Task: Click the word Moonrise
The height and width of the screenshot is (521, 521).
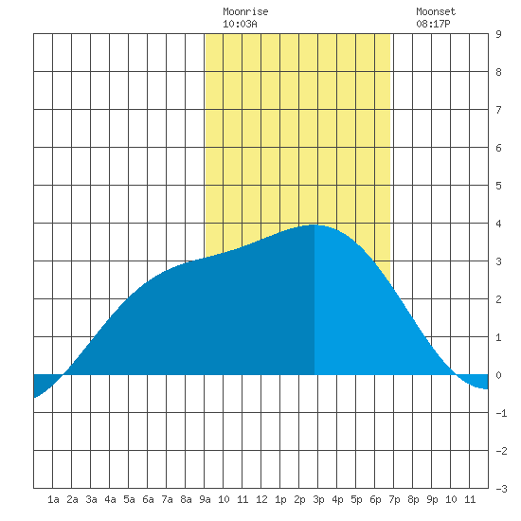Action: pos(245,11)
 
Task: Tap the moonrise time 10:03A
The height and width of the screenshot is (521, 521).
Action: pos(240,24)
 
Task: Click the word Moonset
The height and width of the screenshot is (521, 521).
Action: pos(436,11)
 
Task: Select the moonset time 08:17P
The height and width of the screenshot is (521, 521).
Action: pos(433,24)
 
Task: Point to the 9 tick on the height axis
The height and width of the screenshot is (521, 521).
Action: pos(498,34)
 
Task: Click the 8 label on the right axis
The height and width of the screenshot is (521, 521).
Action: pos(498,72)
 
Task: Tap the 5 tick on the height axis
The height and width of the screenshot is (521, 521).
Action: pos(498,186)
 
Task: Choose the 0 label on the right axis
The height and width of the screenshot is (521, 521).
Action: pos(498,375)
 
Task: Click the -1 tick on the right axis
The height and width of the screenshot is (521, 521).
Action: pos(501,413)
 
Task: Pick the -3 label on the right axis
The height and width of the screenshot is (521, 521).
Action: pos(501,489)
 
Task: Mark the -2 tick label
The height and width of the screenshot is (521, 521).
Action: pos(501,451)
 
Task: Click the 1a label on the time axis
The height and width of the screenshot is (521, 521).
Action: pos(53,499)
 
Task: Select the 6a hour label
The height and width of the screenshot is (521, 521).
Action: pos(148,499)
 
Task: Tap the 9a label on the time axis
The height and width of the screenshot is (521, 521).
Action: pos(205,499)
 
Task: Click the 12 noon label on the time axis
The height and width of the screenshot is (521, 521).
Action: pos(261,499)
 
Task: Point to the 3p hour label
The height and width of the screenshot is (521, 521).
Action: pos(318,499)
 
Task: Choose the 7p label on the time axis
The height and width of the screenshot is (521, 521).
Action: pos(394,499)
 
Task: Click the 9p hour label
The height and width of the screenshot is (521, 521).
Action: pos(432,499)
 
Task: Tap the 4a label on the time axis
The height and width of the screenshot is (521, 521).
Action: pos(110,499)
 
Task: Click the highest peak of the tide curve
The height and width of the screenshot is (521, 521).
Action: pos(314,225)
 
